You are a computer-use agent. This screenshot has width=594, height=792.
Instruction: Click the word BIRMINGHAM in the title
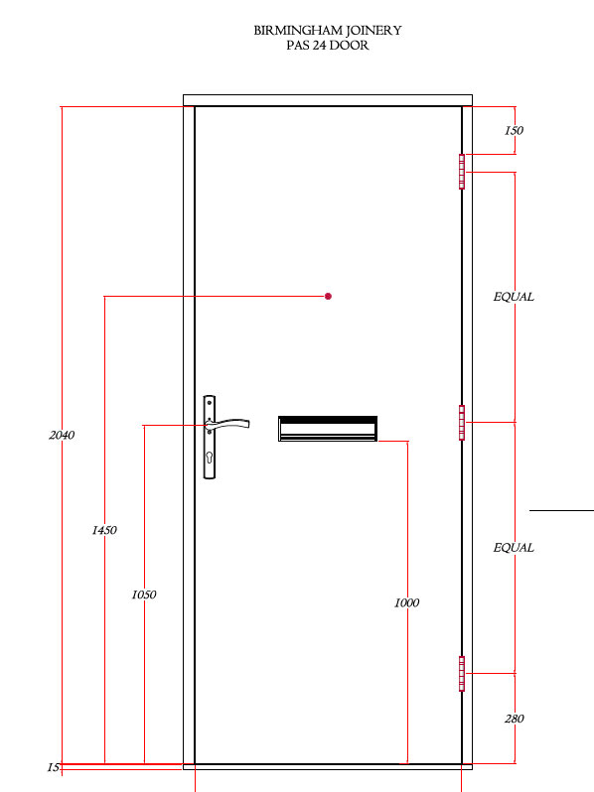tap(298, 31)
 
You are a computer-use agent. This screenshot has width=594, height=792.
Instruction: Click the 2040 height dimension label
tap(62, 435)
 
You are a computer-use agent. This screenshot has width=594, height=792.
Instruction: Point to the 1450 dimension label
tap(104, 530)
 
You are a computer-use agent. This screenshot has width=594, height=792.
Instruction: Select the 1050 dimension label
tap(144, 594)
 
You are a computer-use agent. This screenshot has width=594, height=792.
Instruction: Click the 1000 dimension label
tap(407, 602)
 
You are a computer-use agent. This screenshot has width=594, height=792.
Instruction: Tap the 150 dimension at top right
tap(515, 130)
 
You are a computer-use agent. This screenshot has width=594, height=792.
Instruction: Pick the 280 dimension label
tap(515, 719)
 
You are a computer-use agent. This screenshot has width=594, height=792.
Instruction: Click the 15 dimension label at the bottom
tap(53, 767)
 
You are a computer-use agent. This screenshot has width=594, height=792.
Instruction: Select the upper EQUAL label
tap(514, 297)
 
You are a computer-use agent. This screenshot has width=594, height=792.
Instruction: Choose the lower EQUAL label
tap(514, 548)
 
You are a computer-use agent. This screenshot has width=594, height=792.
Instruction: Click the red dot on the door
tap(328, 297)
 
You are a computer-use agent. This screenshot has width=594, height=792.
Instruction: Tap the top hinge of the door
tap(462, 172)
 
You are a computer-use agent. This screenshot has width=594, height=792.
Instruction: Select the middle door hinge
tap(462, 422)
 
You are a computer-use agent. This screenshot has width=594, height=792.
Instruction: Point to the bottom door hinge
tap(462, 673)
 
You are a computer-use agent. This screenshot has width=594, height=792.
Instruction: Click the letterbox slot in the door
tap(328, 429)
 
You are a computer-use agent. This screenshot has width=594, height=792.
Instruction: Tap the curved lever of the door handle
tap(230, 423)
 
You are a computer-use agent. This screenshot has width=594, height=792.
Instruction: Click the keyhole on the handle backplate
tap(210, 458)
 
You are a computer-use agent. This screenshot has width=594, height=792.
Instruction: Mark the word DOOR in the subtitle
tap(350, 45)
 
